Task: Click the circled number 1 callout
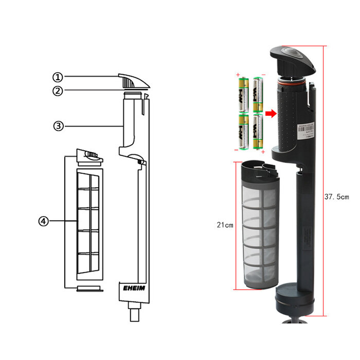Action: (x=58, y=77)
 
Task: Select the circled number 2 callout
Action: (x=58, y=91)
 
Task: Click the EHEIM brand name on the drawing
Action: (x=133, y=288)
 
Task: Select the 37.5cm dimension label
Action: (x=336, y=196)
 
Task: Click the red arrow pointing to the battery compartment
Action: (x=270, y=113)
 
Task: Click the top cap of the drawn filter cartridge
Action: (x=89, y=155)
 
